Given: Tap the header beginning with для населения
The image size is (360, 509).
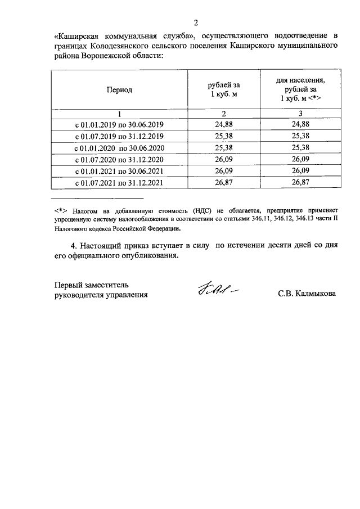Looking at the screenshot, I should [300, 89].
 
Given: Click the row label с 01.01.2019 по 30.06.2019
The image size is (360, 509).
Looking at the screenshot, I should [119, 124].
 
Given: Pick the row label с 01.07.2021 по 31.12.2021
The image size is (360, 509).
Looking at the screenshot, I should [119, 182].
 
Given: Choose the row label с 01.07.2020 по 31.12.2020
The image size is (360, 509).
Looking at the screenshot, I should [119, 159].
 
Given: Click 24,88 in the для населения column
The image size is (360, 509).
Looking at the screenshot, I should [300, 124].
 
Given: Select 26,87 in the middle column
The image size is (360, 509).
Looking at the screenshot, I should [224, 182].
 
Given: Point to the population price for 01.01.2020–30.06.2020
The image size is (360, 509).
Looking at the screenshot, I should [300, 147].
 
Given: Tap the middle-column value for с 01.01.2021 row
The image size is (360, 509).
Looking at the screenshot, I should [224, 170].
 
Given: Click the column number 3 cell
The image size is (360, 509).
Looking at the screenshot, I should [300, 113].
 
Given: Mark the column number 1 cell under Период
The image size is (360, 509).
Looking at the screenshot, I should [119, 113].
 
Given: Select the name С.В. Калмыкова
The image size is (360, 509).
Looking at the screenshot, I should [307, 294].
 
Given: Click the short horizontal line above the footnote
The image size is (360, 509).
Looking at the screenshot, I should [97, 199].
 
